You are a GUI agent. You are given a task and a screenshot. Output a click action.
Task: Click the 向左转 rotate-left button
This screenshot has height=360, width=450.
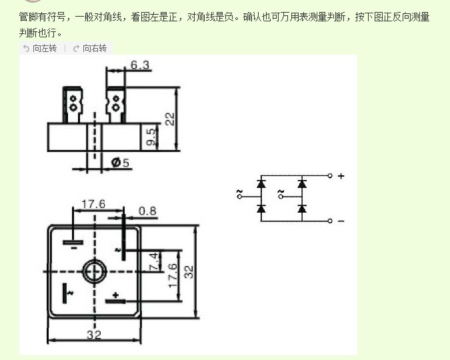click(40, 49)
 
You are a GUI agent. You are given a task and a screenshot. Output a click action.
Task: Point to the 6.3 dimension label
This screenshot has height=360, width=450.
click(140, 65)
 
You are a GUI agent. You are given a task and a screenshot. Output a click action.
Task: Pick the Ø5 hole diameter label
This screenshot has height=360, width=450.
click(121, 162)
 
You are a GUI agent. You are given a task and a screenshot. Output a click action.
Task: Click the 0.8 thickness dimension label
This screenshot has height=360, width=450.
click(147, 211)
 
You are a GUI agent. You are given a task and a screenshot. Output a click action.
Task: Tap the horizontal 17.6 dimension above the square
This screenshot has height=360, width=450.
click(93, 204)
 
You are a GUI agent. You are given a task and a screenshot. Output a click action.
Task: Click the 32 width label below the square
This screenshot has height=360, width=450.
click(93, 335)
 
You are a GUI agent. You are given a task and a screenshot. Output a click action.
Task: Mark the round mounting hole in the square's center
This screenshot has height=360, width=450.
click(94, 271)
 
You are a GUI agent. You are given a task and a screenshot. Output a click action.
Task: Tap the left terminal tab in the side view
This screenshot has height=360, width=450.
click(72, 105)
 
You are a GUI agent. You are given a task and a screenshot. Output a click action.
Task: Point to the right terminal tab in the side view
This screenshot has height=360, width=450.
click(115, 105)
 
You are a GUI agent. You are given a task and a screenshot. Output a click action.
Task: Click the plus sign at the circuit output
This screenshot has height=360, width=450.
click(341, 176)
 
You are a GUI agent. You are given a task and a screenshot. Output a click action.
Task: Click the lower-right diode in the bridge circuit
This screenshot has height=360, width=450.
click(302, 209)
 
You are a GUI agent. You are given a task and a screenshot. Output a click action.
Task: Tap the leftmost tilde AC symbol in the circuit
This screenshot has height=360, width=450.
click(239, 194)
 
